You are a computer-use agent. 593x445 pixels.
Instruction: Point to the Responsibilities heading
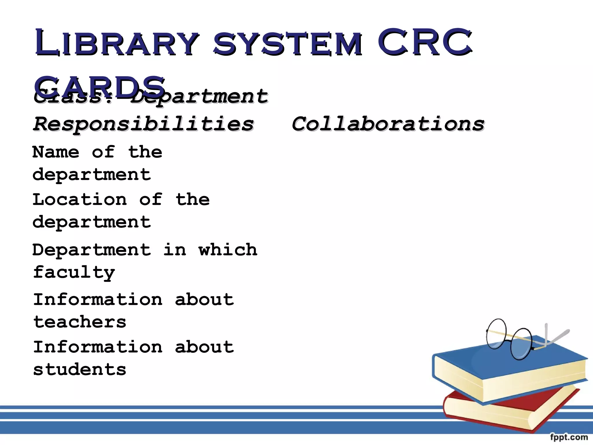click(144, 124)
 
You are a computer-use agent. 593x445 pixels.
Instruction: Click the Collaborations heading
click(388, 124)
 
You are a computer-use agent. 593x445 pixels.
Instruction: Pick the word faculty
click(74, 272)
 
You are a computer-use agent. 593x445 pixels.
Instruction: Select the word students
click(80, 370)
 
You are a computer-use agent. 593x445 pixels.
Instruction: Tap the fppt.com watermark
click(569, 437)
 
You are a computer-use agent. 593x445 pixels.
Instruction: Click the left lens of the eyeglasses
click(496, 334)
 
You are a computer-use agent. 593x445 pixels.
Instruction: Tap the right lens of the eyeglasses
click(521, 344)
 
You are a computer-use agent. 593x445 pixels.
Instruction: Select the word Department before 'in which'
click(91, 250)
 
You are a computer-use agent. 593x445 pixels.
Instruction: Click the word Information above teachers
click(98, 300)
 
